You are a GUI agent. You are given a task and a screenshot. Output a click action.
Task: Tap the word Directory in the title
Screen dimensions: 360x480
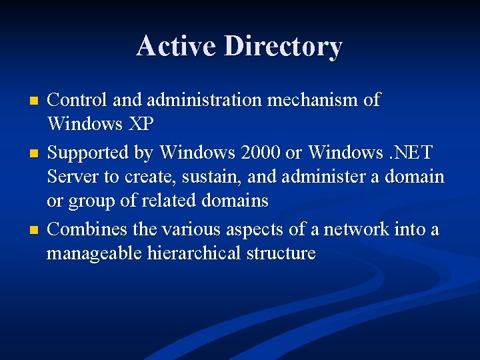[x=283, y=47]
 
